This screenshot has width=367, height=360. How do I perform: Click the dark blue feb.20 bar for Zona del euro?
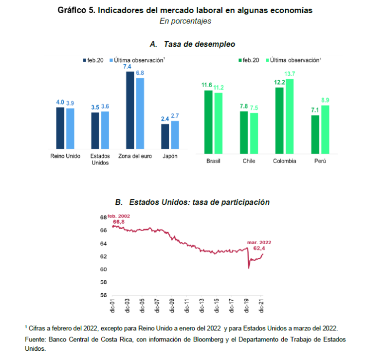pyautogui.click(x=130, y=110)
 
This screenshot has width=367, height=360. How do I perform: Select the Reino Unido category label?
pyautogui.click(x=65, y=157)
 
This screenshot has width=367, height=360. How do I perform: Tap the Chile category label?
pyautogui.click(x=248, y=161)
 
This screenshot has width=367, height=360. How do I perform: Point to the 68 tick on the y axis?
pyautogui.click(x=103, y=217)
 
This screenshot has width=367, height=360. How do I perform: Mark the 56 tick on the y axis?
pyautogui.click(x=103, y=295)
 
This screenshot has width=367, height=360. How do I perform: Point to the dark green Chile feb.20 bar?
pyautogui.click(x=244, y=130)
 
